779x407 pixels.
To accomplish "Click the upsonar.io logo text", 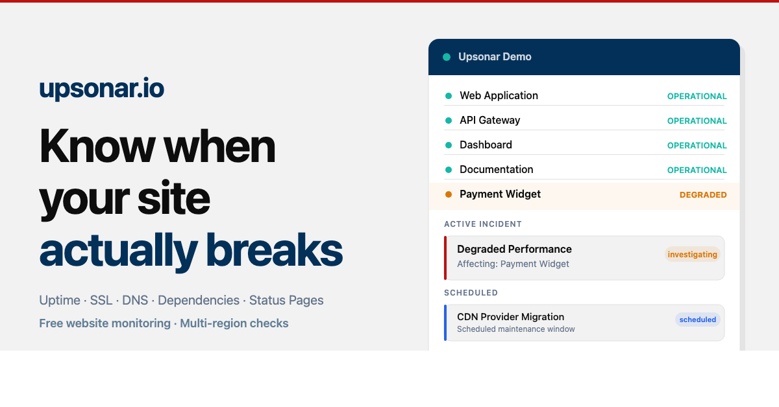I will click(101, 89).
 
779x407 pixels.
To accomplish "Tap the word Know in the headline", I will click(97, 146).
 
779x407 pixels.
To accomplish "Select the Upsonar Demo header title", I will click(495, 57).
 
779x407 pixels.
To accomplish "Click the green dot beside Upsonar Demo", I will click(447, 57).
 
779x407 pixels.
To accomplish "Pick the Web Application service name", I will click(499, 96).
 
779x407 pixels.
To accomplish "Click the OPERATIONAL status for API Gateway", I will click(697, 121).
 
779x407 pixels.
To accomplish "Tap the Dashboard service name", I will click(486, 145).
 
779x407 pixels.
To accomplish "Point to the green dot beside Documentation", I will click(448, 170).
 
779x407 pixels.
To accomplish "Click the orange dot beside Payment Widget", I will click(448, 194).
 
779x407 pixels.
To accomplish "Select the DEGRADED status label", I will click(703, 195).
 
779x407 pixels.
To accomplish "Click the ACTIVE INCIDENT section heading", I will click(483, 224).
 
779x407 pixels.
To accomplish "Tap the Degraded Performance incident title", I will click(514, 250).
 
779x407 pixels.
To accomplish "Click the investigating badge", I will click(692, 255).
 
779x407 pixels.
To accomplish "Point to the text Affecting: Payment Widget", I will click(513, 264).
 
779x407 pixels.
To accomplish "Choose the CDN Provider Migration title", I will click(510, 317).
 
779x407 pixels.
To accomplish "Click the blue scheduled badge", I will click(697, 320).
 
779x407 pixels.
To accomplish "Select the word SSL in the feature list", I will click(101, 301).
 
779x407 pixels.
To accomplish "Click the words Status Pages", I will click(286, 301).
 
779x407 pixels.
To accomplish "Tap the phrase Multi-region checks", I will click(234, 323).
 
